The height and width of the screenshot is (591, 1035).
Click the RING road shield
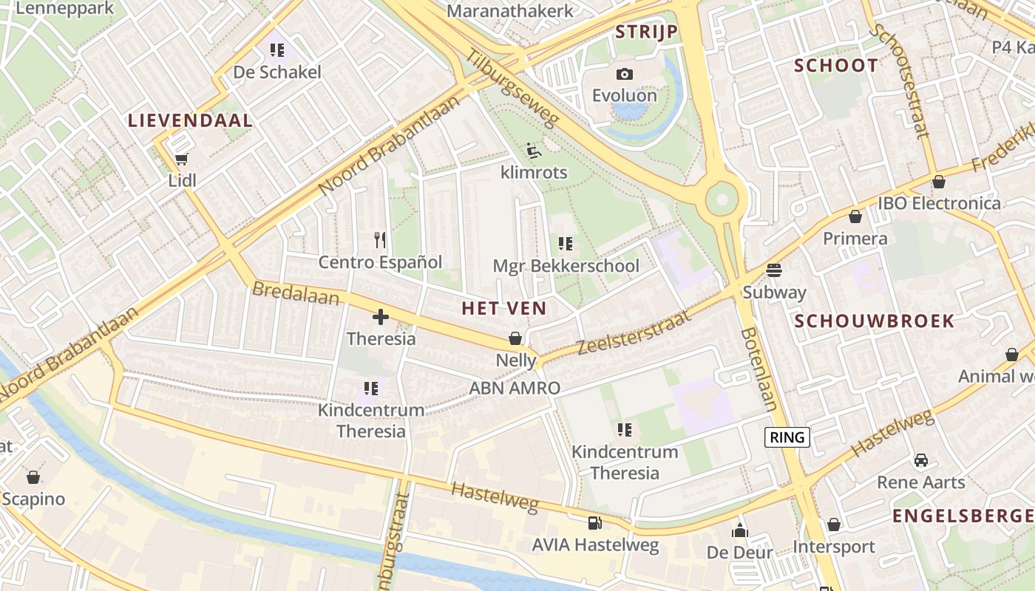(x=787, y=437)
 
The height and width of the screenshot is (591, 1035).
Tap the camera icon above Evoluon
(x=625, y=74)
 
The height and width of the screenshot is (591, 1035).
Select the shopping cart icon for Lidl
(x=182, y=159)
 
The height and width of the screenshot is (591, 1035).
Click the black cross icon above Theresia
(x=381, y=318)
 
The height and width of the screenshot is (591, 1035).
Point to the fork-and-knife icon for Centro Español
(x=380, y=240)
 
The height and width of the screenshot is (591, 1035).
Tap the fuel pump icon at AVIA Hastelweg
(x=594, y=523)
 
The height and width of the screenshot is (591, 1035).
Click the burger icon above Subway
(x=774, y=270)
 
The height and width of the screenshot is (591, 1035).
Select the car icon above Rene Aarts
(x=920, y=460)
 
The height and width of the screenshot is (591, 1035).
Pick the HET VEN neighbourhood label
(x=504, y=309)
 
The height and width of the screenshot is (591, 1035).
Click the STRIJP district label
(x=647, y=32)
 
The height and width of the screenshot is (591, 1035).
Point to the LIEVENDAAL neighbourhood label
(x=191, y=120)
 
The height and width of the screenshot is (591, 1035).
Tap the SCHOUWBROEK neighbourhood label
(x=875, y=321)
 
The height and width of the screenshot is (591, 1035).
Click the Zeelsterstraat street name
(x=633, y=333)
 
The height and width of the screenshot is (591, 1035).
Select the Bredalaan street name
(x=296, y=293)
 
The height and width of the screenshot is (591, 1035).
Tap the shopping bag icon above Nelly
(x=515, y=338)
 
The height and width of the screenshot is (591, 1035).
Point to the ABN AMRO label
(x=515, y=388)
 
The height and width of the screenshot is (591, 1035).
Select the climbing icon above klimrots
(x=533, y=151)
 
